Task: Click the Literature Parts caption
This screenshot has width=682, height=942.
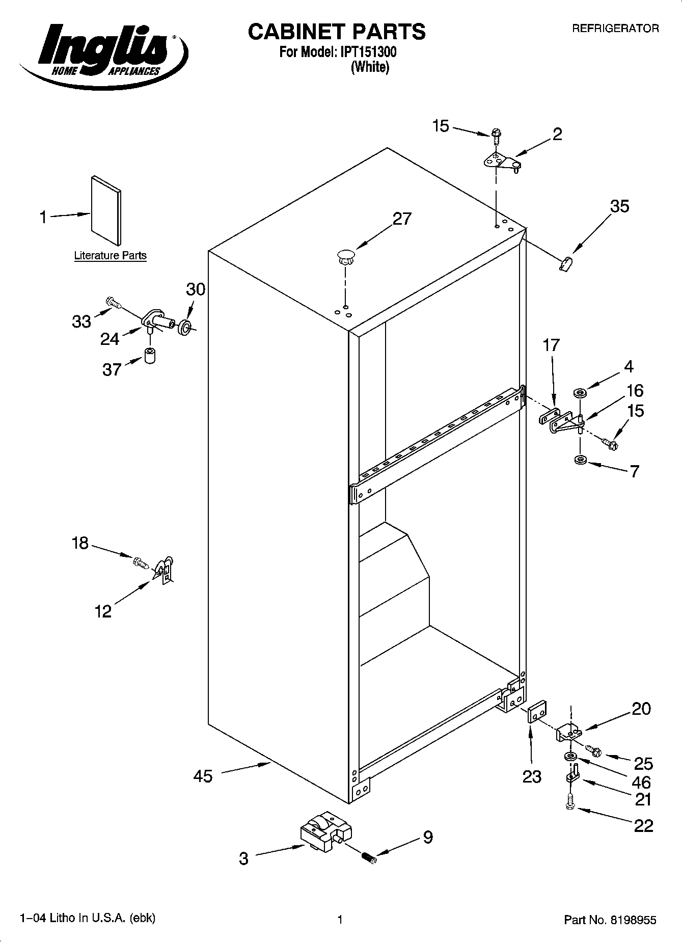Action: pos(110,256)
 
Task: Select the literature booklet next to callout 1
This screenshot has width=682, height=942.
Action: pos(106,210)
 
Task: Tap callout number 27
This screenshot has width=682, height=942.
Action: pos(401,219)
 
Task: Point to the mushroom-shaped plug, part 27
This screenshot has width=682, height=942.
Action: pos(345,256)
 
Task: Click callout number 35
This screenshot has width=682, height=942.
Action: pos(619,206)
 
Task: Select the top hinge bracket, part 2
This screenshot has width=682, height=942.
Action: pos(500,162)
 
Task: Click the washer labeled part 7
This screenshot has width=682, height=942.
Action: pos(579,460)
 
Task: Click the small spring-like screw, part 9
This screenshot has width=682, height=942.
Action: pos(368,857)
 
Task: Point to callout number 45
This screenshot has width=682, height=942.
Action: pos(203,776)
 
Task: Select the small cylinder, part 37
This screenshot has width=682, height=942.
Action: pos(150,355)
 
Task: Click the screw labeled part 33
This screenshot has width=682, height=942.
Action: pos(113,303)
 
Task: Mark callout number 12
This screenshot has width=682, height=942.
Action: pos(103,611)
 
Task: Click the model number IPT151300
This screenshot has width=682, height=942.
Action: pos(366,52)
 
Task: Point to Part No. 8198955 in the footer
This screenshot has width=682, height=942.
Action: pos(610,920)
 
